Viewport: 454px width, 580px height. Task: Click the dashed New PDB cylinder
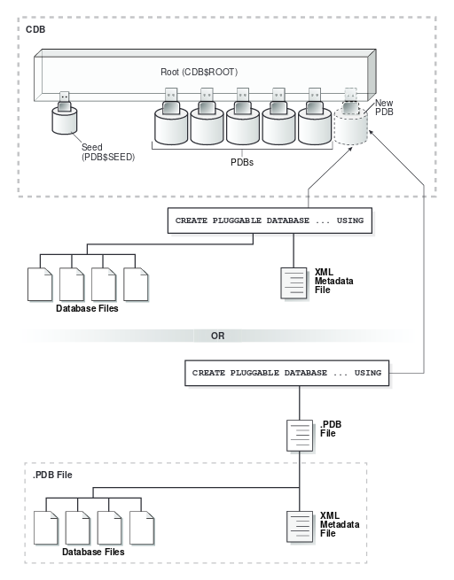coord(350,128)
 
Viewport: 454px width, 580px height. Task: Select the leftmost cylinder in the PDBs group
coord(171,127)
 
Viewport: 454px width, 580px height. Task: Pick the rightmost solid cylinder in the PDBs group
coord(314,127)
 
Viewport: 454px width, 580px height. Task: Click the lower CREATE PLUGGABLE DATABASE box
coord(286,372)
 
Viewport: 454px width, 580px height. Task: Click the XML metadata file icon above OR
coord(294,285)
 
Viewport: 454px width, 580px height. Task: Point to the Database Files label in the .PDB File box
coord(92,551)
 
